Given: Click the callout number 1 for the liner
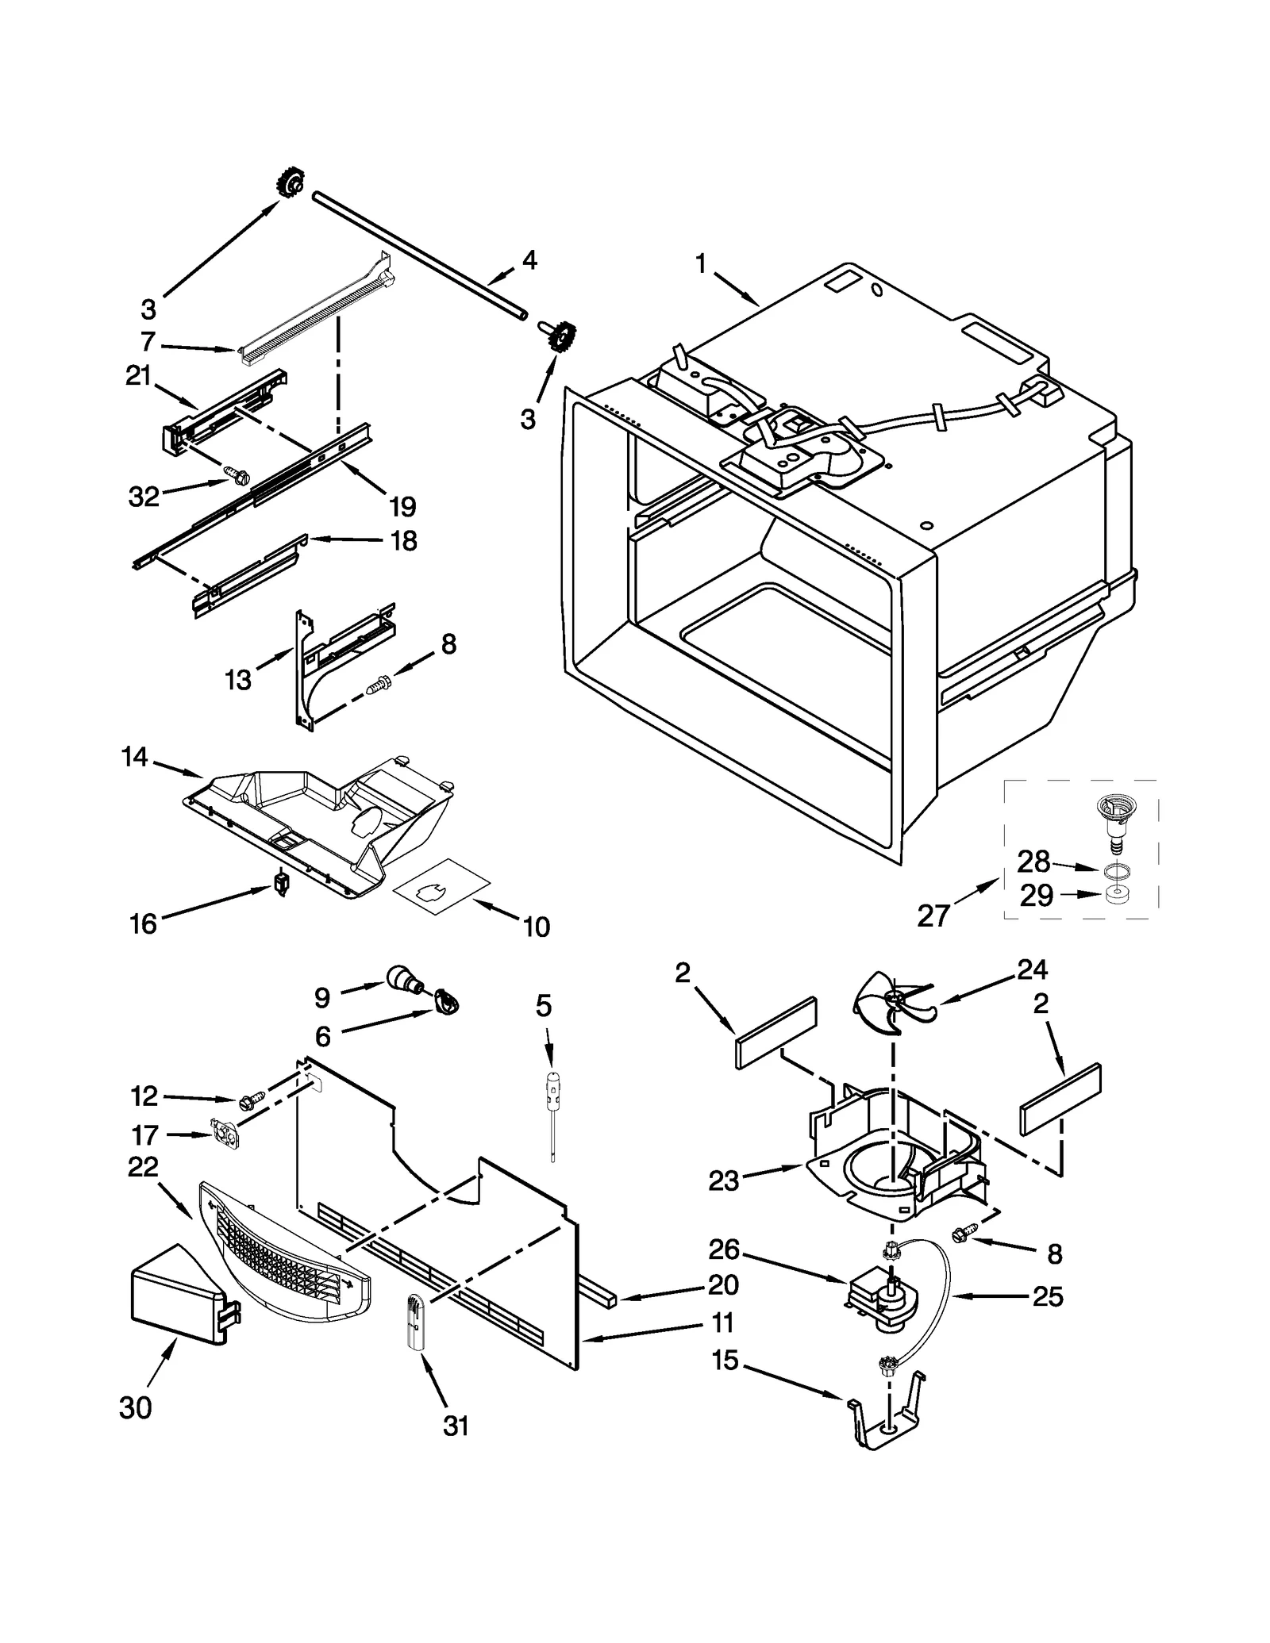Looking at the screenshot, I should click(700, 264).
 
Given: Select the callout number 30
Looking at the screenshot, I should click(135, 1407).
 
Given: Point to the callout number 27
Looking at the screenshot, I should click(933, 916).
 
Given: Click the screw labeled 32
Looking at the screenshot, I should click(237, 475).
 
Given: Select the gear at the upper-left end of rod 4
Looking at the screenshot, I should click(291, 186).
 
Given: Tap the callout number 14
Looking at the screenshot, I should click(135, 758).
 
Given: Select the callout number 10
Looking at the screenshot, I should click(537, 926).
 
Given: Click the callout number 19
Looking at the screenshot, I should click(402, 505).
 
